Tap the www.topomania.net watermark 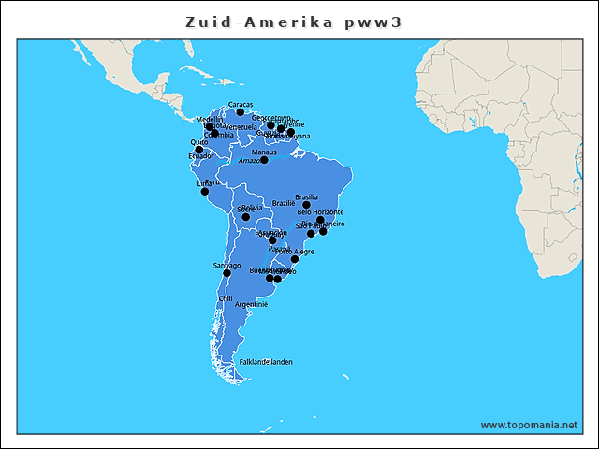tap(529, 425)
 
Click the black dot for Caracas tap(241, 112)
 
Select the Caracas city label tap(241, 104)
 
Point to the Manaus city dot tap(264, 160)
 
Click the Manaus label tap(265, 152)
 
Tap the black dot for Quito tap(198, 150)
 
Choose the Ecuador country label tap(200, 156)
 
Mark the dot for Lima tap(205, 192)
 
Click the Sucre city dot tap(246, 217)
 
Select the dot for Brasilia tap(306, 205)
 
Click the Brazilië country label tap(284, 203)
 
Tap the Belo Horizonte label tap(321, 212)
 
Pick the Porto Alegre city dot tap(295, 259)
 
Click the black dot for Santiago tap(226, 273)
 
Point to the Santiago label tap(227, 265)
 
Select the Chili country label tap(226, 298)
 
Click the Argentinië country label tap(252, 304)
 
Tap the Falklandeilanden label tap(266, 361)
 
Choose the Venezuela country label tap(241, 126)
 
